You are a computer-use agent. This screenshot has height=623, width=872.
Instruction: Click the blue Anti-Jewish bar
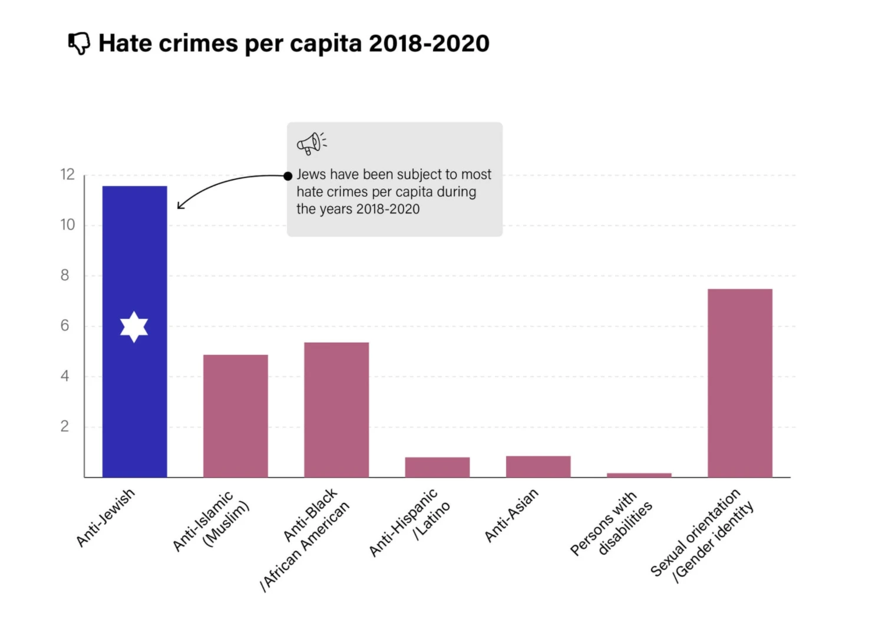click(134, 247)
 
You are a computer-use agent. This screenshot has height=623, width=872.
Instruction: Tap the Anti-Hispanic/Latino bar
click(437, 467)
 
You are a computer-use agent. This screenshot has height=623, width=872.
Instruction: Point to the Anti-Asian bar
click(538, 466)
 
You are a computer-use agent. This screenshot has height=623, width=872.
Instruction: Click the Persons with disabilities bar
click(639, 475)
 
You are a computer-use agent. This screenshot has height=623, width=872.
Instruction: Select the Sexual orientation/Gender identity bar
click(739, 383)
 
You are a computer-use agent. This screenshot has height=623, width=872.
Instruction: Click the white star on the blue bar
click(134, 327)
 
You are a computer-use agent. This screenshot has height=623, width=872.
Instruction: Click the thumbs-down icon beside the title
click(79, 43)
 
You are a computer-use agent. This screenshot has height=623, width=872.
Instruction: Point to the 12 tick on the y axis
click(68, 175)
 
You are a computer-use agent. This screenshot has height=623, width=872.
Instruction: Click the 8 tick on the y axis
click(65, 276)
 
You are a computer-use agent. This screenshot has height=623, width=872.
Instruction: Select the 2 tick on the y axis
click(65, 427)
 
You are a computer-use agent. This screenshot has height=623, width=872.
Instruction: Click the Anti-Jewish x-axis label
click(106, 517)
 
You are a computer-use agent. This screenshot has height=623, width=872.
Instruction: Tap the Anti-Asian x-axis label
click(511, 515)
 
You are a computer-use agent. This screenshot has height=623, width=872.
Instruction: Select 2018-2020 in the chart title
click(429, 44)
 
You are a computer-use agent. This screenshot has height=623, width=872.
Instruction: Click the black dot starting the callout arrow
click(288, 176)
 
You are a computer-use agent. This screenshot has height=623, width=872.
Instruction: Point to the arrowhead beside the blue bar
click(179, 206)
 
